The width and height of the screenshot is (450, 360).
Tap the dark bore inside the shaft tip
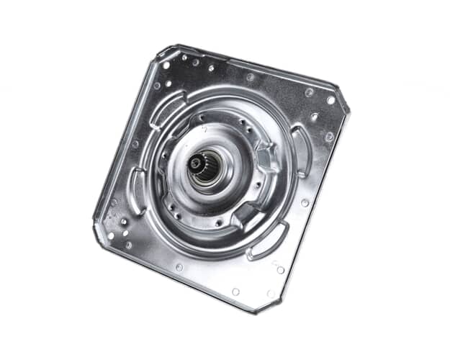[195, 163]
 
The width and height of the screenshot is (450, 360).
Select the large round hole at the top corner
[167, 65]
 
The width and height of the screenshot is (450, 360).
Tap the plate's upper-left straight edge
[126, 137]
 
